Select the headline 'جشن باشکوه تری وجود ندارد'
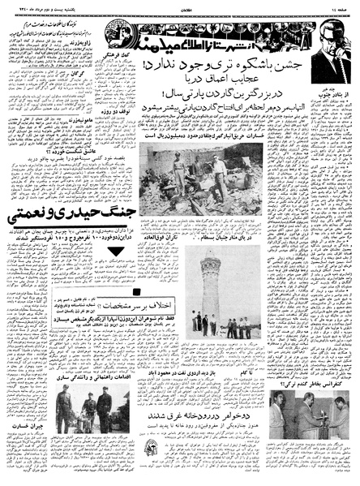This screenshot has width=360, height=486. point(245,45)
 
